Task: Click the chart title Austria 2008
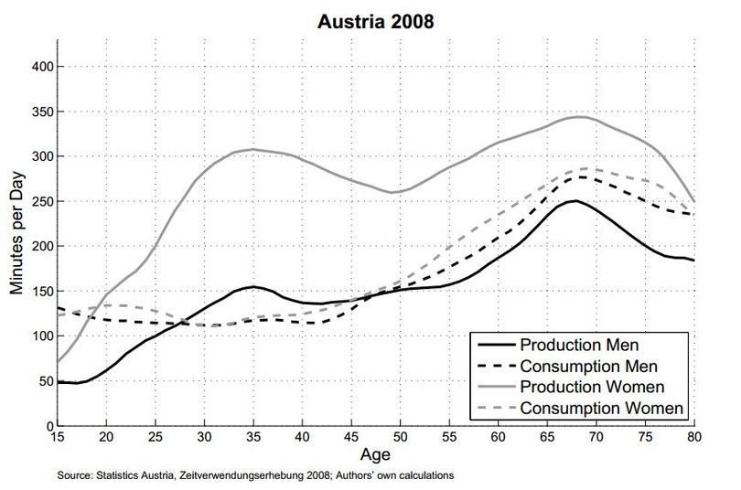click(x=376, y=22)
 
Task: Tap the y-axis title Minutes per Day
click(x=16, y=233)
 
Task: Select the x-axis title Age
click(x=375, y=454)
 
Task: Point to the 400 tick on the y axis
click(x=43, y=67)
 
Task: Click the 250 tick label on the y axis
click(x=43, y=201)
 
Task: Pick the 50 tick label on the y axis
click(x=47, y=381)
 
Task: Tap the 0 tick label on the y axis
click(x=50, y=426)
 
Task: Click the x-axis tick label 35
click(x=253, y=437)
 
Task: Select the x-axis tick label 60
click(x=498, y=437)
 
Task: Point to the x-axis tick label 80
click(x=694, y=437)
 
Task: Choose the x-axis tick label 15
click(x=58, y=437)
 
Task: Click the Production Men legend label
click(x=579, y=345)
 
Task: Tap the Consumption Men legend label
click(x=589, y=367)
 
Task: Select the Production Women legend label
click(x=593, y=387)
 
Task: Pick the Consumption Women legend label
click(x=602, y=409)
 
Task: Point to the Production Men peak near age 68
click(x=575, y=200)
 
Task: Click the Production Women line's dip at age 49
click(x=391, y=192)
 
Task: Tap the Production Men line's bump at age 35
click(x=253, y=286)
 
